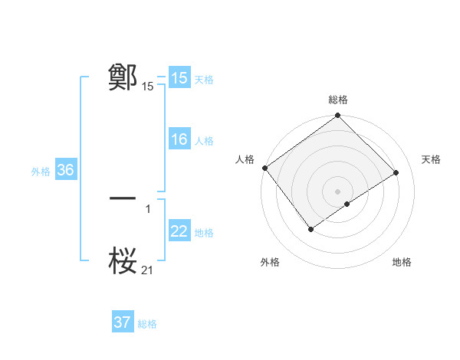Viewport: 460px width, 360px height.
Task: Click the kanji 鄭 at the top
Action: pos(123,77)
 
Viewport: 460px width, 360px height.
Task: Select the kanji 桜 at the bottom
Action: pos(123,260)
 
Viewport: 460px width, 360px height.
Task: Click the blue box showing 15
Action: pos(179,78)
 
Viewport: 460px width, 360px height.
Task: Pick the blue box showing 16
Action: pos(179,139)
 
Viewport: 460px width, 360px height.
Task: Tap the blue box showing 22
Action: pos(179,231)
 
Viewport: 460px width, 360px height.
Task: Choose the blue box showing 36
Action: pos(65,170)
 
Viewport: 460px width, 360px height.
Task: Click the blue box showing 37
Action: pos(123,322)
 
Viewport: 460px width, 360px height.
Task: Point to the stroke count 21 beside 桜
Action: pos(147,270)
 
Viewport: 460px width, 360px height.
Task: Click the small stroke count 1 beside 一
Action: pos(147,208)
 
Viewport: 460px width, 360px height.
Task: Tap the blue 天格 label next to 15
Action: pos(204,79)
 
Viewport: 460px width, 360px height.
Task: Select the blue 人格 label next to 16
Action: pos(204,140)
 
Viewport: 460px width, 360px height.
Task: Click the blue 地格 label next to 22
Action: pos(204,232)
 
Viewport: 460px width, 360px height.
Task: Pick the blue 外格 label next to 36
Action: pos(41,171)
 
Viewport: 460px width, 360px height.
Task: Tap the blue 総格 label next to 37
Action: pos(147,323)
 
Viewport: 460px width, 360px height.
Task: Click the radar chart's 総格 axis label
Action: pos(338,100)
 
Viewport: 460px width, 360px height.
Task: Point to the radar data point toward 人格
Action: pos(264,168)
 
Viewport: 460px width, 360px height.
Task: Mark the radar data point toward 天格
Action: pos(396,172)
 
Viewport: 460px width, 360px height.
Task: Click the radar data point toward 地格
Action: pos(347,204)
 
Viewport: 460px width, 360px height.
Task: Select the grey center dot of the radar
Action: pos(337,191)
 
